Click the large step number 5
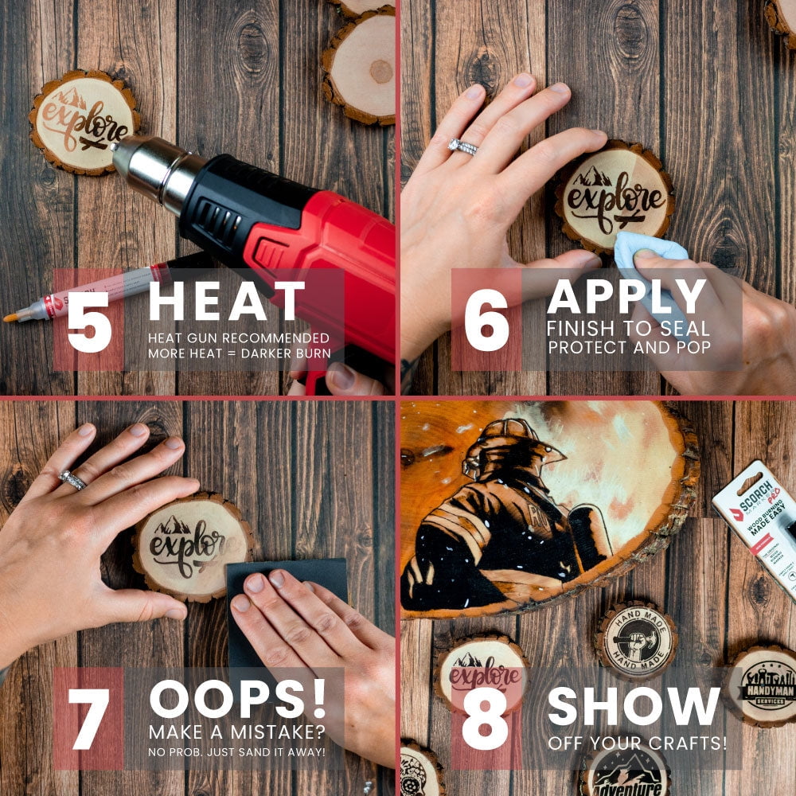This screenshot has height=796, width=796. tap(88, 321)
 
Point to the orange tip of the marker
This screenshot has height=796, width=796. tap(11, 318)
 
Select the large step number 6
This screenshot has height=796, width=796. tap(486, 321)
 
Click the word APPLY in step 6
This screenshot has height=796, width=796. tap(626, 296)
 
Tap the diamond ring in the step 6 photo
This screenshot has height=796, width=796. tap(462, 146)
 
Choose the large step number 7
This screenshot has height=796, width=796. tap(88, 719)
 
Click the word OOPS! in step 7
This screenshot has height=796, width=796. tap(237, 699)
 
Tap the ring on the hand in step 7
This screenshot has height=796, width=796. tap(72, 480)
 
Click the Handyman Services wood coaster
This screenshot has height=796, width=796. tap(762, 686)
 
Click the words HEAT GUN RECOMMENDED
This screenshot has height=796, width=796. tap(238, 338)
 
